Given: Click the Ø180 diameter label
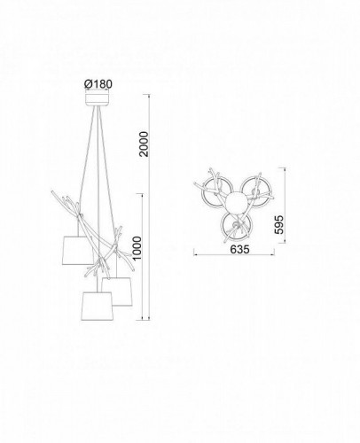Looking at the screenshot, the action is [x=98, y=84].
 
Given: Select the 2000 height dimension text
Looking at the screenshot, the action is [x=145, y=144].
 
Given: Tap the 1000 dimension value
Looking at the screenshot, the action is [x=137, y=248].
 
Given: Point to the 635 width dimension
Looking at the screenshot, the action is [x=239, y=250].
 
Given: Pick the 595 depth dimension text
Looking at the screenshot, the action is [x=278, y=224].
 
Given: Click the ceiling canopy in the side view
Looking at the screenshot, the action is [x=98, y=99].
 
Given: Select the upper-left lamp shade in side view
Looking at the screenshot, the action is [x=77, y=250].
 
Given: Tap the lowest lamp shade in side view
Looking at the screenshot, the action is [x=98, y=307].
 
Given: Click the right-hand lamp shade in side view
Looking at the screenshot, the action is [x=117, y=291].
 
